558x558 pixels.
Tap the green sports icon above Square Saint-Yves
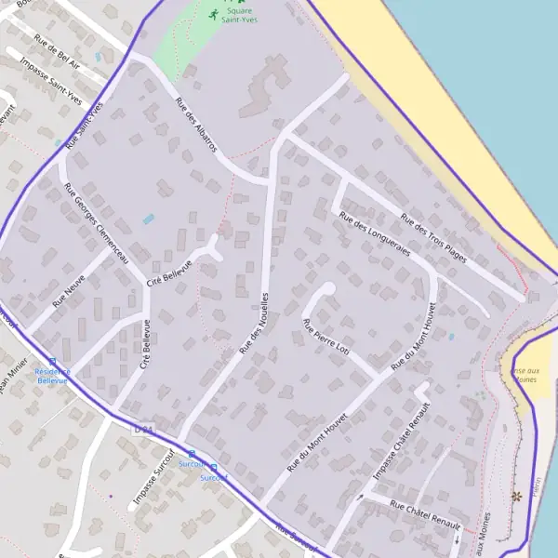tap(215, 14)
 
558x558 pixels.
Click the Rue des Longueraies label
tap(375, 234)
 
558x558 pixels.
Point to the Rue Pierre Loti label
tap(326, 337)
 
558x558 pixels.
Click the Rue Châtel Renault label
tap(425, 515)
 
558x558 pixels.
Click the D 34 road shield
tap(142, 430)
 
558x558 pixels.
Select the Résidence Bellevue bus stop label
tap(52, 376)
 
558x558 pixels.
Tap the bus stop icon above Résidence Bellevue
tap(52, 362)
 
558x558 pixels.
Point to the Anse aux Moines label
tap(525, 374)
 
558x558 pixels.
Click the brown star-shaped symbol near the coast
tap(517, 497)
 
